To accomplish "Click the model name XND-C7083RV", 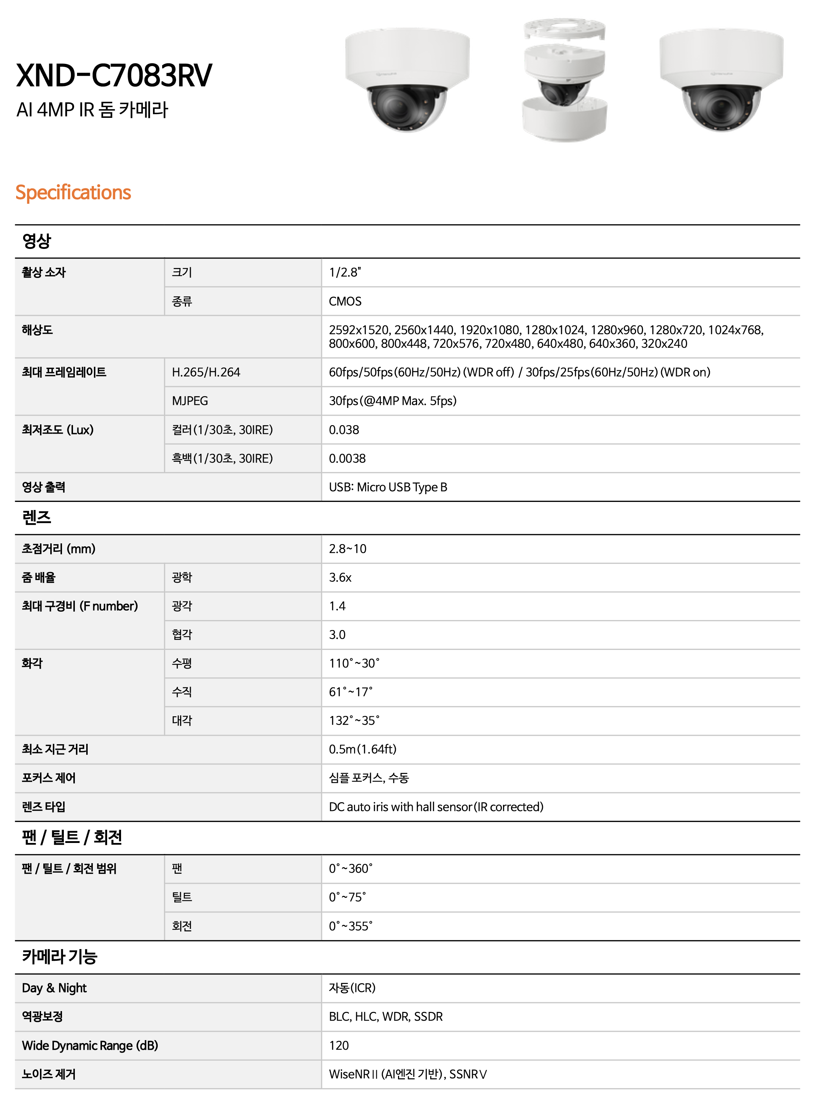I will pyautogui.click(x=114, y=75).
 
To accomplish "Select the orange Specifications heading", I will pyautogui.click(x=73, y=192).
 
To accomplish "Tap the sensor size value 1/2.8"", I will pyautogui.click(x=345, y=272).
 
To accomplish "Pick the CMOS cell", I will pyautogui.click(x=345, y=301).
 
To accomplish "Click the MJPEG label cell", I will pyautogui.click(x=190, y=401).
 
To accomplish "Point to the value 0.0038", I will pyautogui.click(x=347, y=459).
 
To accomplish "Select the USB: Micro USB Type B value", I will pyautogui.click(x=388, y=487).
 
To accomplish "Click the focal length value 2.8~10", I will pyautogui.click(x=347, y=549).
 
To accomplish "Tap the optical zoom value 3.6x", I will pyautogui.click(x=340, y=578).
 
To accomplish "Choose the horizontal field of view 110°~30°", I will pyautogui.click(x=354, y=663).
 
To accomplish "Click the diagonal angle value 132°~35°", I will pyautogui.click(x=354, y=720).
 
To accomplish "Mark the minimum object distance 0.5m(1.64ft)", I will pyautogui.click(x=362, y=749).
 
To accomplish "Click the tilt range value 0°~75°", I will pyautogui.click(x=347, y=897).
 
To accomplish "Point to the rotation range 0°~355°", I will pyautogui.click(x=350, y=926).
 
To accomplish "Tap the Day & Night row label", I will pyautogui.click(x=54, y=988).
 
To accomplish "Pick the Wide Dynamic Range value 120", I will pyautogui.click(x=339, y=1045).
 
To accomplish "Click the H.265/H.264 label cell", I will pyautogui.click(x=205, y=372).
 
